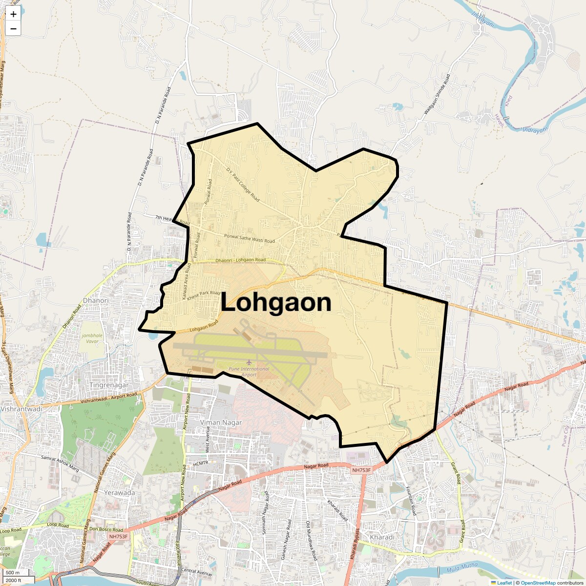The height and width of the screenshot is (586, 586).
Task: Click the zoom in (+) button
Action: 13,15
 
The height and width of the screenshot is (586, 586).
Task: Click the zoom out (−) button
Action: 13,29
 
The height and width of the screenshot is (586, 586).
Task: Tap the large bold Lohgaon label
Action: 276,302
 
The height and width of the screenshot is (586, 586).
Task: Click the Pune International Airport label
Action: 249,372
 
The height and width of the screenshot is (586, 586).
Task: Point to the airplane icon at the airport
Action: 249,362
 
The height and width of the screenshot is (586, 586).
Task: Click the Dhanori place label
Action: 96,300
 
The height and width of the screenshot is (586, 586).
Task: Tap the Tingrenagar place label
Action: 109,385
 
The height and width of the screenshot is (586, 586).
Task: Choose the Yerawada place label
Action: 120,493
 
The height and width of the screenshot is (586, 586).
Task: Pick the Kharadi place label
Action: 382,537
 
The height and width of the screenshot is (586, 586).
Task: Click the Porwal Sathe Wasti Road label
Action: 249,239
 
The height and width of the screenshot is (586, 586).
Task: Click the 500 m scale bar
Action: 13,572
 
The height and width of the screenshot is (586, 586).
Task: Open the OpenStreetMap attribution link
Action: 538,583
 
